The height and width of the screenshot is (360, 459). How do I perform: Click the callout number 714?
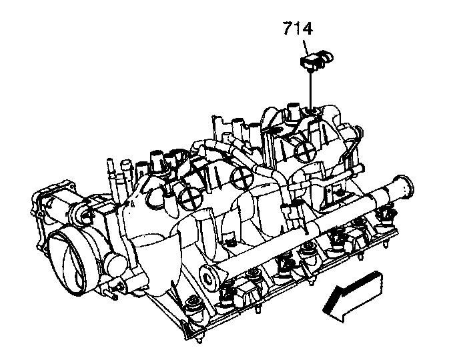pos(298,29)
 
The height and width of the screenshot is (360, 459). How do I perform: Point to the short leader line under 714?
pos(306,47)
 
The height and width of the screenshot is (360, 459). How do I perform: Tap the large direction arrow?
pos(354,296)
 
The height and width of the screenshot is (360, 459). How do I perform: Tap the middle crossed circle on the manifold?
pos(242,177)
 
